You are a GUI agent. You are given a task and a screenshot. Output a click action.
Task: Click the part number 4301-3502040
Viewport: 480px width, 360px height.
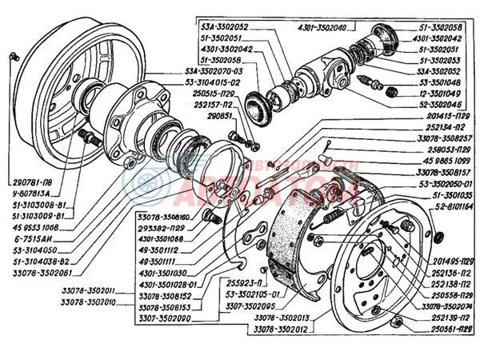[323, 27]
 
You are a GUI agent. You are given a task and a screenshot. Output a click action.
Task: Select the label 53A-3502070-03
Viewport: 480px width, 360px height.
[197, 70]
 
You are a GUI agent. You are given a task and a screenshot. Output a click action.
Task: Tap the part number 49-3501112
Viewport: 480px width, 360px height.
[159, 249]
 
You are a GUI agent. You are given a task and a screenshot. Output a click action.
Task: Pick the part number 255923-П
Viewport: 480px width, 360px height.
[222, 282]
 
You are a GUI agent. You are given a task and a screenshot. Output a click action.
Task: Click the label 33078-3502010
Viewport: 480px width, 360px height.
[88, 302]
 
